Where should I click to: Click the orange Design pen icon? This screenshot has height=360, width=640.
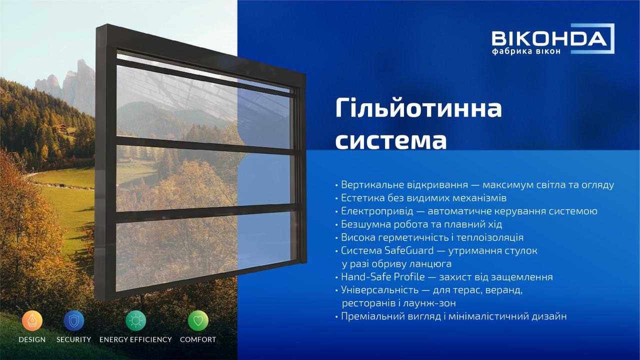click(x=32, y=320)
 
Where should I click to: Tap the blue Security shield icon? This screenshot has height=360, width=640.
click(x=73, y=320)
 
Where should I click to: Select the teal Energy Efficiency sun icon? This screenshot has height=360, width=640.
click(x=135, y=320)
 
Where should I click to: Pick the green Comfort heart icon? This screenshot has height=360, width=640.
click(x=198, y=320)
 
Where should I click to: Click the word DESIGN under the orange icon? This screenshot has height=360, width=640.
click(x=32, y=339)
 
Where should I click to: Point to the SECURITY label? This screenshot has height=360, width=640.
click(x=73, y=339)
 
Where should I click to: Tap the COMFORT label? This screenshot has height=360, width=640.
click(x=198, y=339)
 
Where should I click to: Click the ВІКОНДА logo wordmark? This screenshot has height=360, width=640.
click(x=549, y=39)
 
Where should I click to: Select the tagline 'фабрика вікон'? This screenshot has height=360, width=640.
click(x=526, y=51)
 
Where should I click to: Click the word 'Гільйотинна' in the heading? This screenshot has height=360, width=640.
click(x=418, y=108)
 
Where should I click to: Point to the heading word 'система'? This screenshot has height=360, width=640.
click(x=391, y=141)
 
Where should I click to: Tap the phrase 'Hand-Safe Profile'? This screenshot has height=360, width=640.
click(x=383, y=277)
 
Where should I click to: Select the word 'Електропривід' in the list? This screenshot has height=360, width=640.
click(x=377, y=211)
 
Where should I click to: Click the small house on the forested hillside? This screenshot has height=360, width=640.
click(x=63, y=128)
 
